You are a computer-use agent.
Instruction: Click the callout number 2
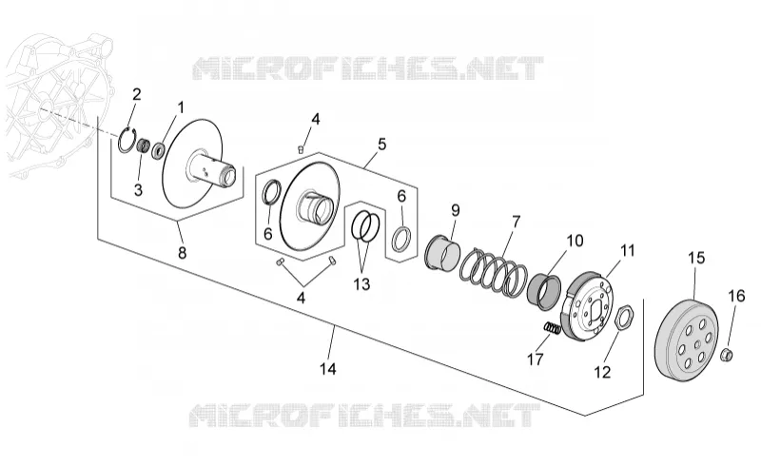point(136,94)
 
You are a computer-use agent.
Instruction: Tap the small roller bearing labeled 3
point(143,146)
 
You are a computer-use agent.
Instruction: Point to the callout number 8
point(182,252)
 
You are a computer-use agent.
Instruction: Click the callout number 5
point(382,145)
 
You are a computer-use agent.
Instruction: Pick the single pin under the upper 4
point(301,149)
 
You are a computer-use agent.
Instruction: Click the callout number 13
point(361,284)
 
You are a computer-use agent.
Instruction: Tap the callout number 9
point(455,210)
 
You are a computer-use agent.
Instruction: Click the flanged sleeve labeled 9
point(441,251)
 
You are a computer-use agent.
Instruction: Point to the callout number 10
point(576,241)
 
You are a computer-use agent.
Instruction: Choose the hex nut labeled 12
point(623,319)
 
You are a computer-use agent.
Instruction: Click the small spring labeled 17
point(552,328)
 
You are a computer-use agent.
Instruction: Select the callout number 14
point(327,369)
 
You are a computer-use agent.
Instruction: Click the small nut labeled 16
point(727,355)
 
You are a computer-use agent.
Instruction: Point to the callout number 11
point(628,250)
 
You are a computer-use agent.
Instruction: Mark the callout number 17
point(536,359)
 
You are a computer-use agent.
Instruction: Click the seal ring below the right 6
point(402,239)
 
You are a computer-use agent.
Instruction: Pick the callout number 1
point(181,107)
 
